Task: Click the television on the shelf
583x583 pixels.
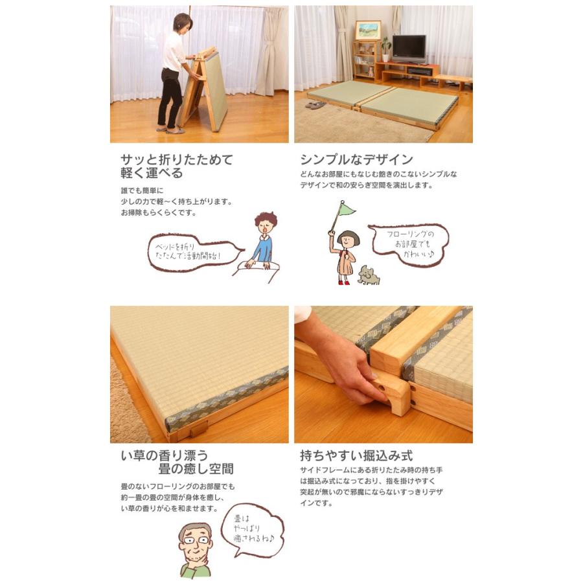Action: (x=409, y=49)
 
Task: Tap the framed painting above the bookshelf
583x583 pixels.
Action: (x=367, y=30)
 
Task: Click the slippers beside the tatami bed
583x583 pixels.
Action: (x=316, y=104)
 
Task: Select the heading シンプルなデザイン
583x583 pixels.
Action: (x=356, y=159)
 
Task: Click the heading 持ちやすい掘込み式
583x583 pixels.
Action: (x=356, y=455)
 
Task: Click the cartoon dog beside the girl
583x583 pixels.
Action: (x=369, y=275)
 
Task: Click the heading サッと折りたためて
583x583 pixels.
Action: (x=176, y=159)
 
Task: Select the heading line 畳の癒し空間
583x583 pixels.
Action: (x=196, y=468)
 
